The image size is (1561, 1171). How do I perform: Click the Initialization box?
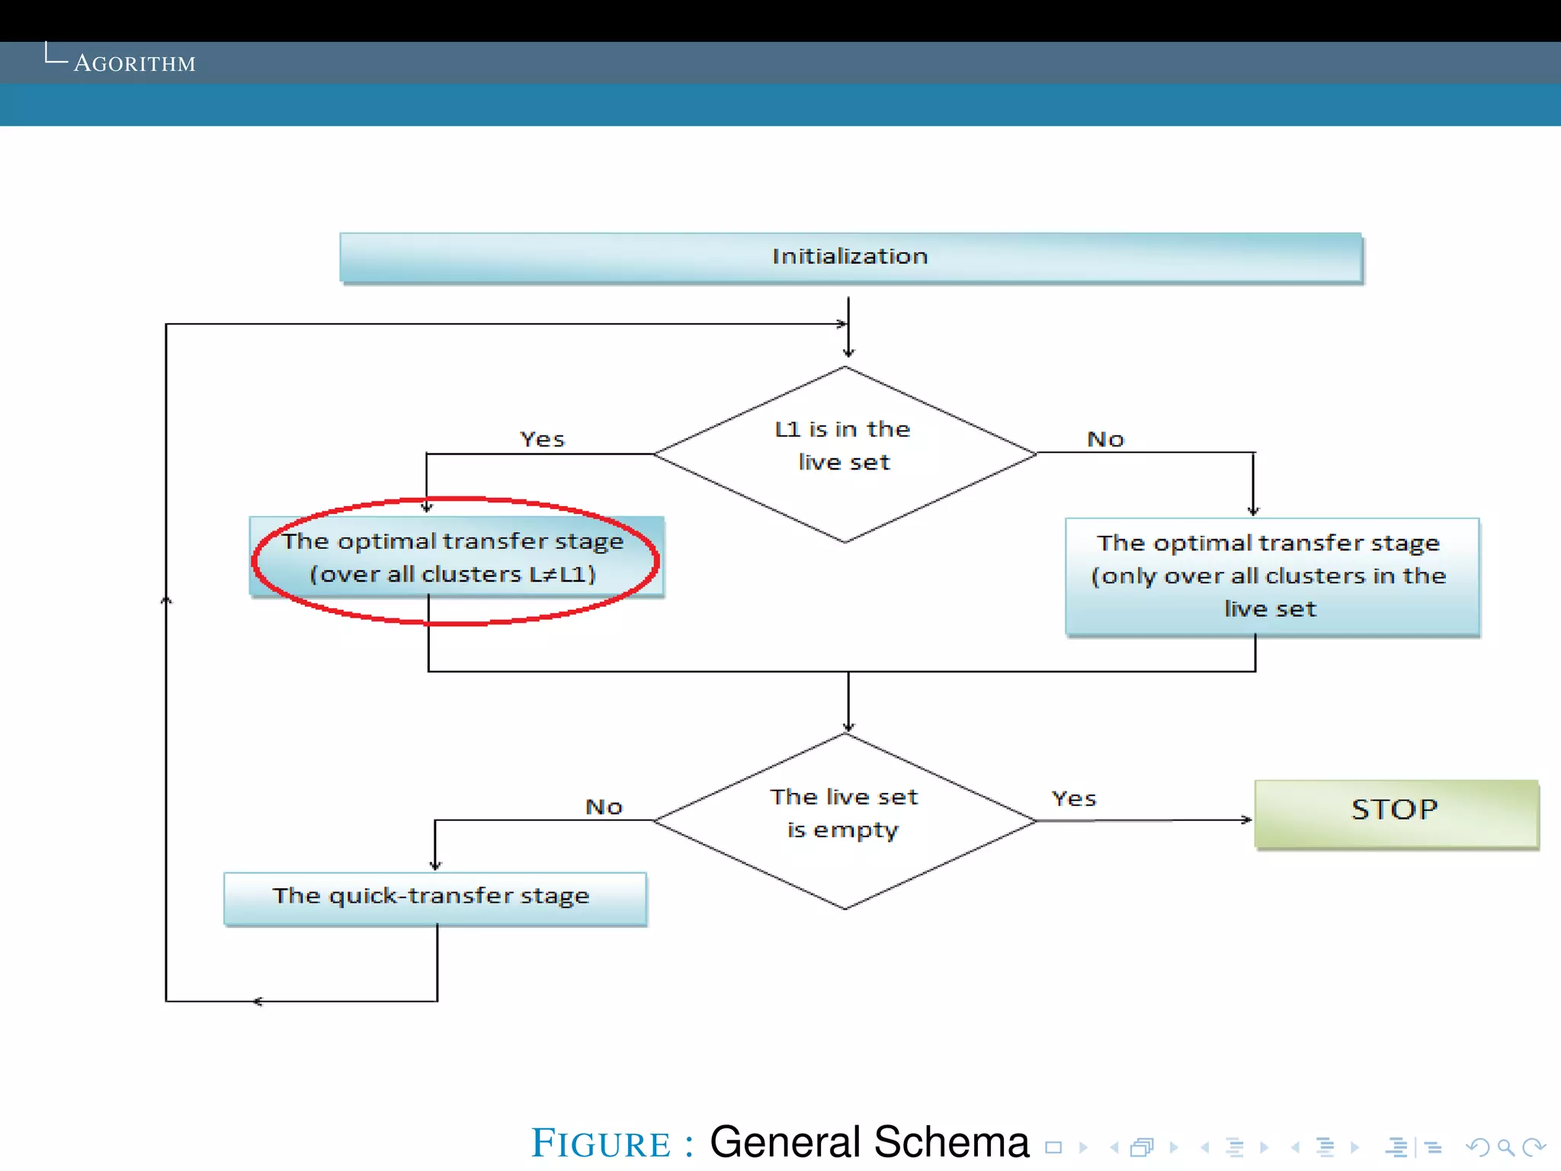click(x=850, y=257)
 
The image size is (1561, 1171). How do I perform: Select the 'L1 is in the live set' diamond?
click(x=844, y=454)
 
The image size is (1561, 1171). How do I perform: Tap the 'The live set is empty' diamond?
click(x=844, y=820)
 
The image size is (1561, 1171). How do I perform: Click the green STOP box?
click(x=1395, y=813)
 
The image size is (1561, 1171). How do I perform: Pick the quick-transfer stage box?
click(x=434, y=897)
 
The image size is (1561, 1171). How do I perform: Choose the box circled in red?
click(x=456, y=558)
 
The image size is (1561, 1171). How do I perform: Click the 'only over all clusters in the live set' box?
click(x=1271, y=576)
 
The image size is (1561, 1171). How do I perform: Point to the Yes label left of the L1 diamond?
click(x=542, y=440)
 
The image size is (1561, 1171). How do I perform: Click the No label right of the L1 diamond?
click(x=1105, y=440)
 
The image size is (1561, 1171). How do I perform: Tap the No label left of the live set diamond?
click(x=604, y=807)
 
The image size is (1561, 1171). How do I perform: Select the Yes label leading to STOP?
click(x=1073, y=799)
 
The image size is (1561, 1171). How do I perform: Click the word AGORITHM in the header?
click(x=135, y=64)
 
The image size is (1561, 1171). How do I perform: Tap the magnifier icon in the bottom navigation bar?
click(x=1505, y=1147)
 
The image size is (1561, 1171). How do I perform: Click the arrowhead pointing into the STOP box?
click(x=1246, y=820)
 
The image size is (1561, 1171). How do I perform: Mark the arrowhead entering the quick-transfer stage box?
click(x=435, y=865)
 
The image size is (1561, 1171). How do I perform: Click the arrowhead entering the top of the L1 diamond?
click(x=848, y=352)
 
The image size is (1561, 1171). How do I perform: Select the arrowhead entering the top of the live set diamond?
click(x=848, y=727)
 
